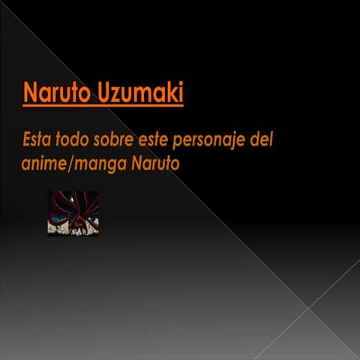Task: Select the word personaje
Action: click(214, 141)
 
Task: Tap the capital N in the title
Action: click(30, 94)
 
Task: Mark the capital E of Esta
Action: click(27, 139)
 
